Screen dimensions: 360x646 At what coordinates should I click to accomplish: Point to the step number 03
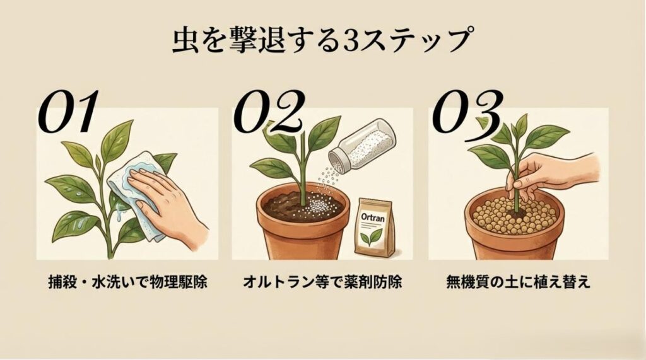pyautogui.click(x=467, y=113)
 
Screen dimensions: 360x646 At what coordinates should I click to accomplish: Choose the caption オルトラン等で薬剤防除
pyautogui.click(x=322, y=282)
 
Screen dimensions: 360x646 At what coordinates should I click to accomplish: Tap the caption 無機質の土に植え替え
pyautogui.click(x=517, y=282)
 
